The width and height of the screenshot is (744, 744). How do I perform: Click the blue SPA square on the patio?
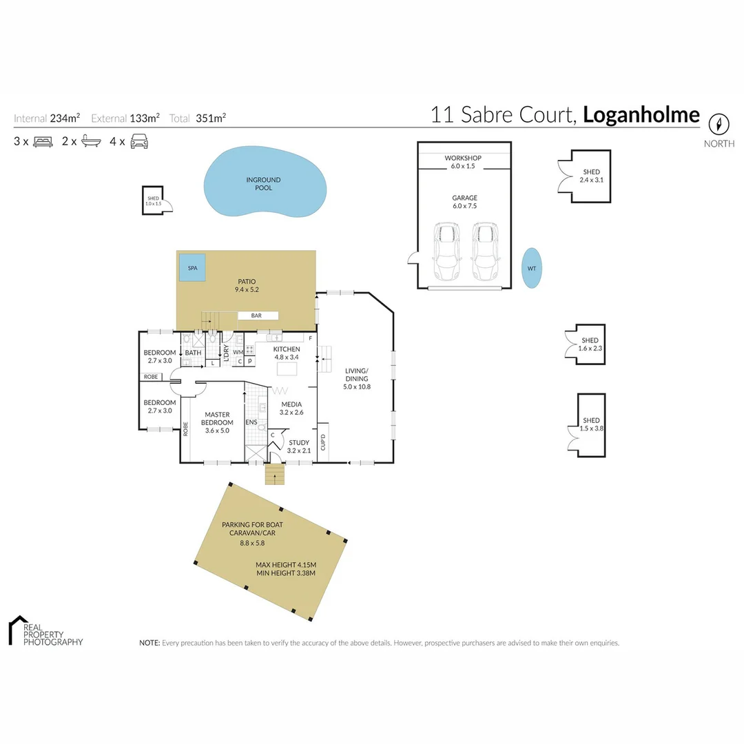[192, 267]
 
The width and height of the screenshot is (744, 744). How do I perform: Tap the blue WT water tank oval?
[531, 268]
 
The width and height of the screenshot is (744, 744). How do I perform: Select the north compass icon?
[719, 125]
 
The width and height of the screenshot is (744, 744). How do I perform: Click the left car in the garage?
[446, 251]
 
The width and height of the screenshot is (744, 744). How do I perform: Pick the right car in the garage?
[484, 251]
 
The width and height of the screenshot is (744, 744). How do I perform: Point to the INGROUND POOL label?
[264, 184]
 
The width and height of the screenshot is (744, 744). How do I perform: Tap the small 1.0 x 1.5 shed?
[153, 200]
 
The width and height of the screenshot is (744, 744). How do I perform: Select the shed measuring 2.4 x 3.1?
[590, 176]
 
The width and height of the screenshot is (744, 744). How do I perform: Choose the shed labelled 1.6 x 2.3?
[590, 344]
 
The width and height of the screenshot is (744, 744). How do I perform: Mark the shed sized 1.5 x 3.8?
[590, 424]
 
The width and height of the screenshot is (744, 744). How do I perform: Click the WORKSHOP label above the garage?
[463, 158]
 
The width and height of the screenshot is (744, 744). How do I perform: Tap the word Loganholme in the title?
[641, 114]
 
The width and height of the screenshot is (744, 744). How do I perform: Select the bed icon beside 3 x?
[43, 142]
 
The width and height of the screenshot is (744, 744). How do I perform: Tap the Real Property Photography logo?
[45, 631]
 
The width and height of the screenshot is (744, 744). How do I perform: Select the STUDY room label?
[299, 443]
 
